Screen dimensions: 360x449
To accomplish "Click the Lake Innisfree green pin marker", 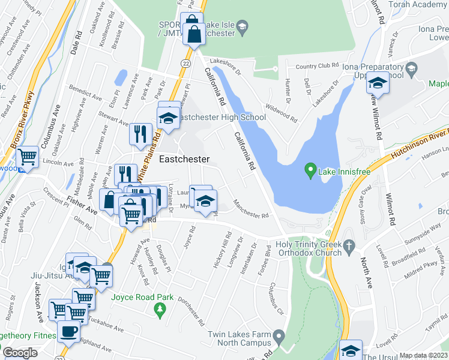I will click(310, 171).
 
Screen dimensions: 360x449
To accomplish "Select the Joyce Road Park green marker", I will click(160, 310).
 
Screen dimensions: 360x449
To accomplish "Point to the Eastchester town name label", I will click(184, 160).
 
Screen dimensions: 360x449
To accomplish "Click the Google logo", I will click(20, 353).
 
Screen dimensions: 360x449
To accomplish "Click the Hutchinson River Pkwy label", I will click(420, 145).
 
